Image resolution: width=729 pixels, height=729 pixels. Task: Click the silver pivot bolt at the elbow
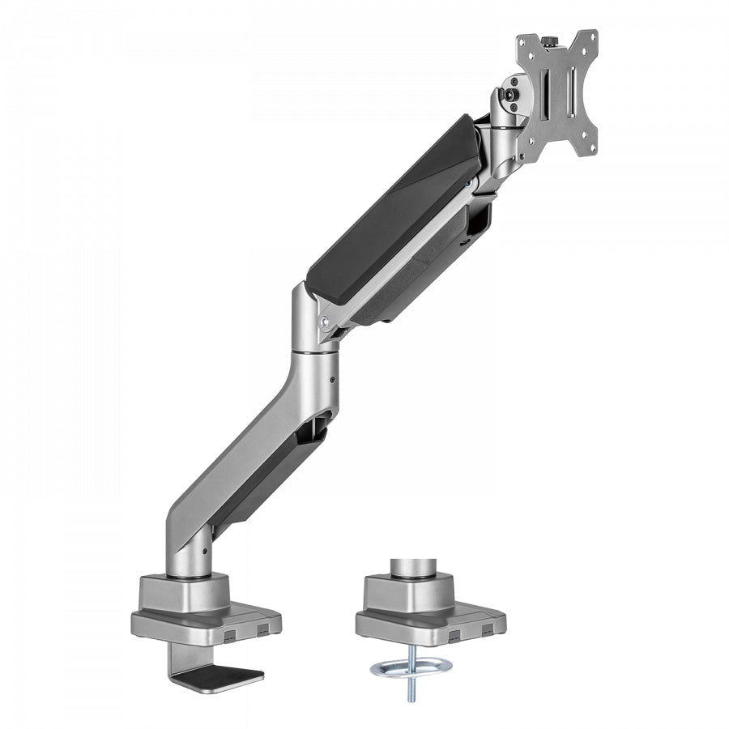click(x=326, y=321)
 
